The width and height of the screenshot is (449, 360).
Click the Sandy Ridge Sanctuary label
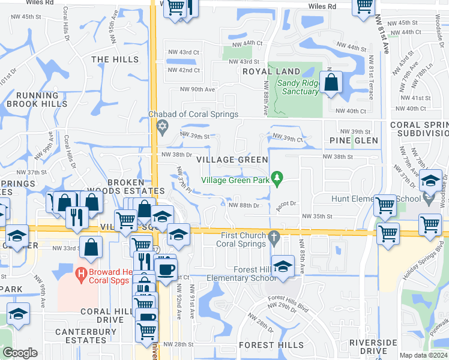click(298, 87)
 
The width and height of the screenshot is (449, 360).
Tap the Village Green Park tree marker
click(277, 177)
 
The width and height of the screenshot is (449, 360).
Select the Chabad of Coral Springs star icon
click(161, 127)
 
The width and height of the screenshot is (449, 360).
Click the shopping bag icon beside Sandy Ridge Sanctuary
click(331, 82)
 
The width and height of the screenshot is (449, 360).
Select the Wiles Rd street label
click(322, 6)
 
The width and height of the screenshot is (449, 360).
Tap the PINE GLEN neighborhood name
click(354, 140)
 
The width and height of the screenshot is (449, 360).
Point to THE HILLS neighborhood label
click(115, 59)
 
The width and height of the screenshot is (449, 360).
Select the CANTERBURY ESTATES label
click(81, 336)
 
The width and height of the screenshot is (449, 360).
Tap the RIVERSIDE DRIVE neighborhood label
click(373, 346)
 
